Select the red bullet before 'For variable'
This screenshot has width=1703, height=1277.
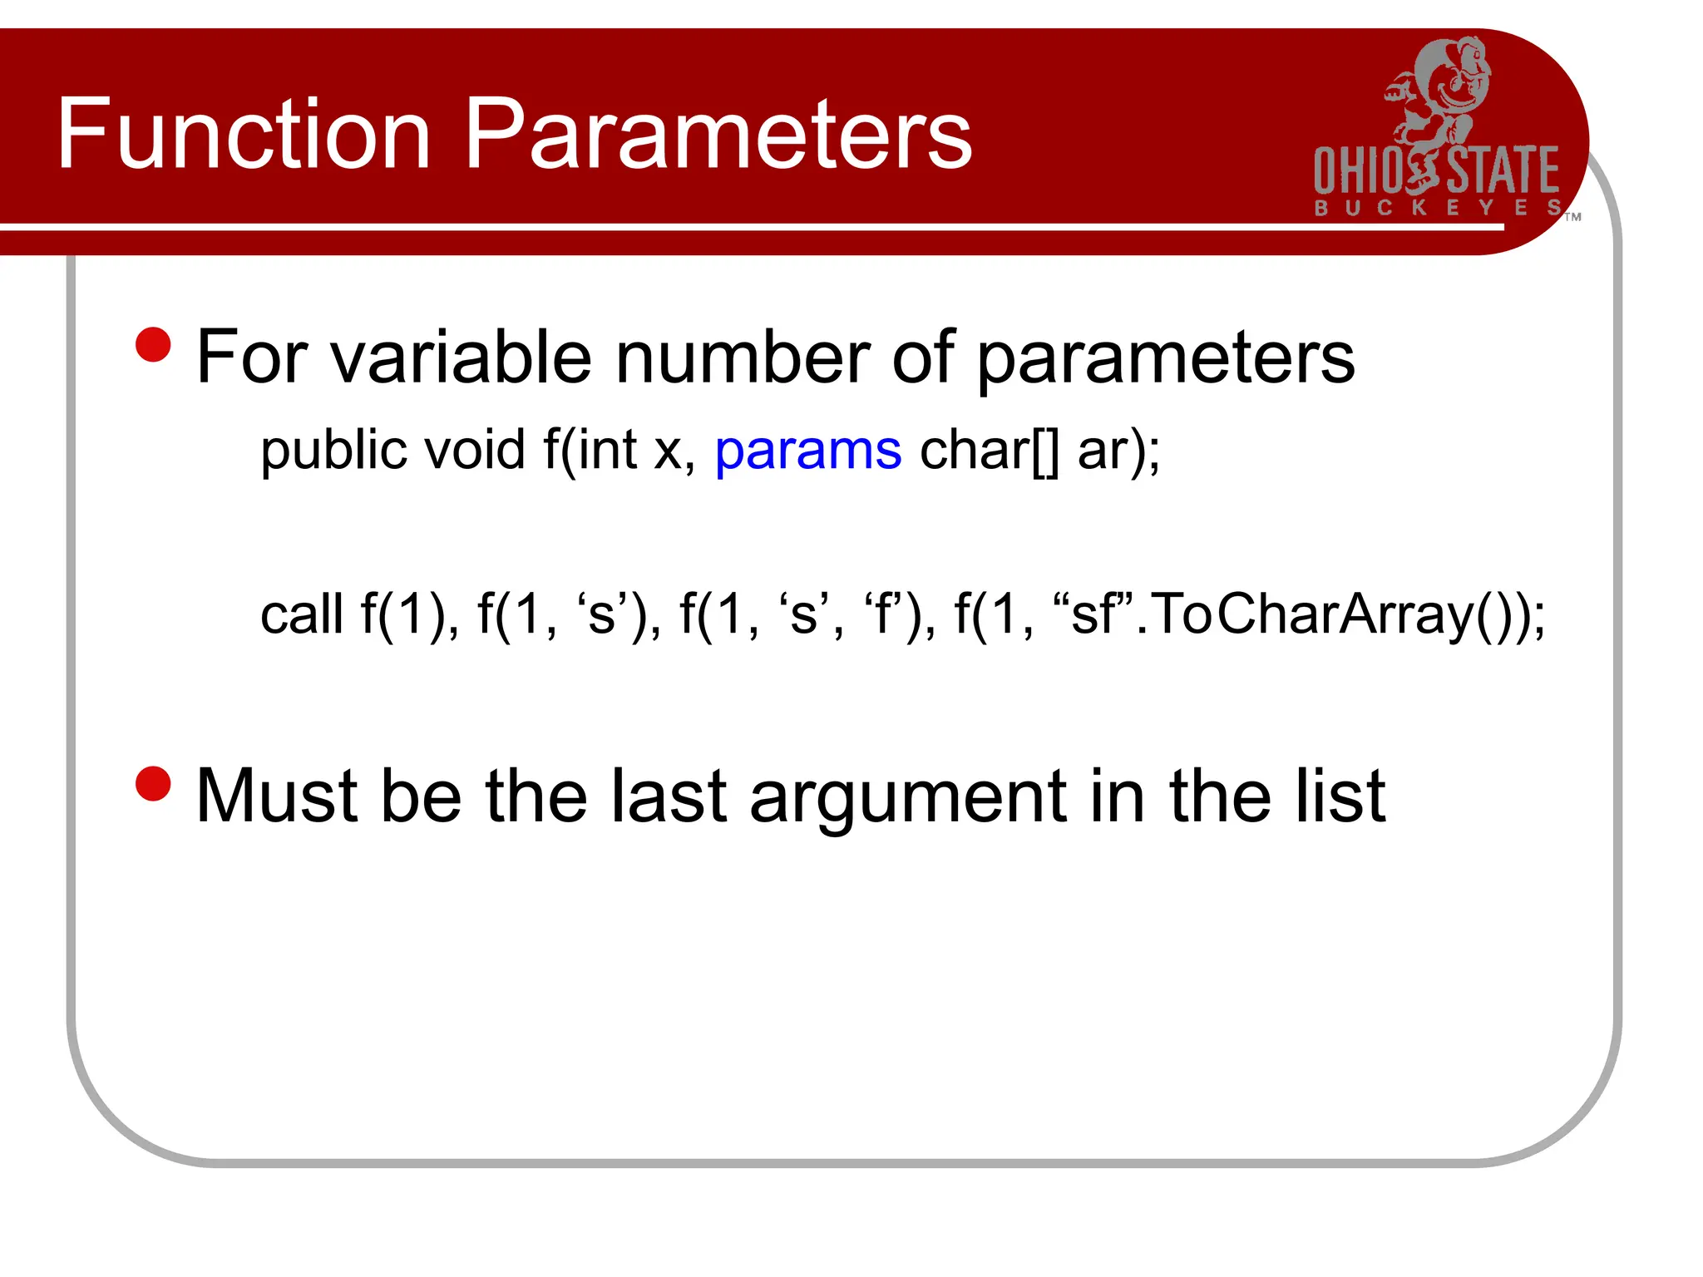click(153, 344)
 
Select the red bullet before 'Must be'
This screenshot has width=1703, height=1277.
click(153, 783)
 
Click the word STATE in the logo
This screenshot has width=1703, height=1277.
click(1503, 170)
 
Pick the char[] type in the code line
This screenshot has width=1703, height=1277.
click(990, 451)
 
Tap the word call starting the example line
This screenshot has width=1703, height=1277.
click(301, 615)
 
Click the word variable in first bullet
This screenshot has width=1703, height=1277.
click(462, 357)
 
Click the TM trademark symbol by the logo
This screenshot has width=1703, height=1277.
click(1572, 217)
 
